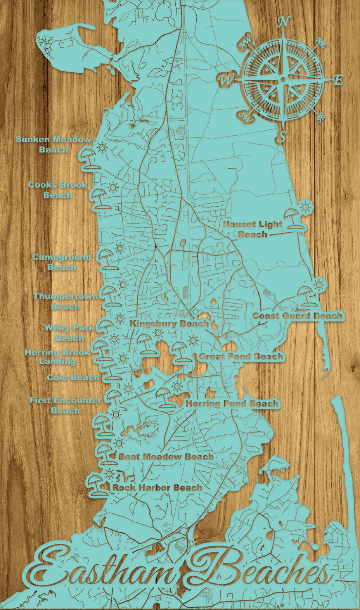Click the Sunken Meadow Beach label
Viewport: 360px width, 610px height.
point(54,144)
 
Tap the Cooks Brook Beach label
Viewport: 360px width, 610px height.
point(57,190)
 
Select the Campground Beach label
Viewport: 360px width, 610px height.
point(62,262)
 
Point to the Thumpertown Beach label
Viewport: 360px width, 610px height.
point(65,301)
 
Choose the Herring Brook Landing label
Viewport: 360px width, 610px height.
point(57,356)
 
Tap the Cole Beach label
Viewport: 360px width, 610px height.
point(73,377)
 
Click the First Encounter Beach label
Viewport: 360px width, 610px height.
point(65,405)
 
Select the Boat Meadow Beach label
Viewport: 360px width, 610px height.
point(166,456)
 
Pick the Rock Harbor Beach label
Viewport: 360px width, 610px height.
point(157,487)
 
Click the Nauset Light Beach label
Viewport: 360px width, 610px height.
point(253,229)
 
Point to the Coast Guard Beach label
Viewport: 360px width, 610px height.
point(298,316)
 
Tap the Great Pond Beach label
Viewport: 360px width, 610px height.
point(241,356)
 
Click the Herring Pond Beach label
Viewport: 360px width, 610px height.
point(232,404)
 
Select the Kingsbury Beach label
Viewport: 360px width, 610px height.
point(169,323)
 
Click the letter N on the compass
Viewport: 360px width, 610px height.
point(284,22)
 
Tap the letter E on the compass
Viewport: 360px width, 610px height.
point(338,80)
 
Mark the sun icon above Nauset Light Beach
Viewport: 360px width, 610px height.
point(306,206)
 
